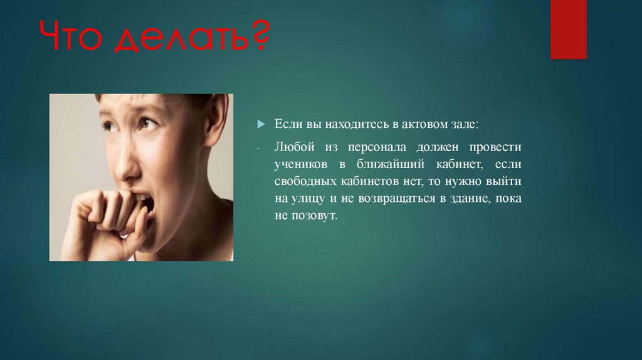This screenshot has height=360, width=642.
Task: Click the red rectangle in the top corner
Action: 568,29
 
